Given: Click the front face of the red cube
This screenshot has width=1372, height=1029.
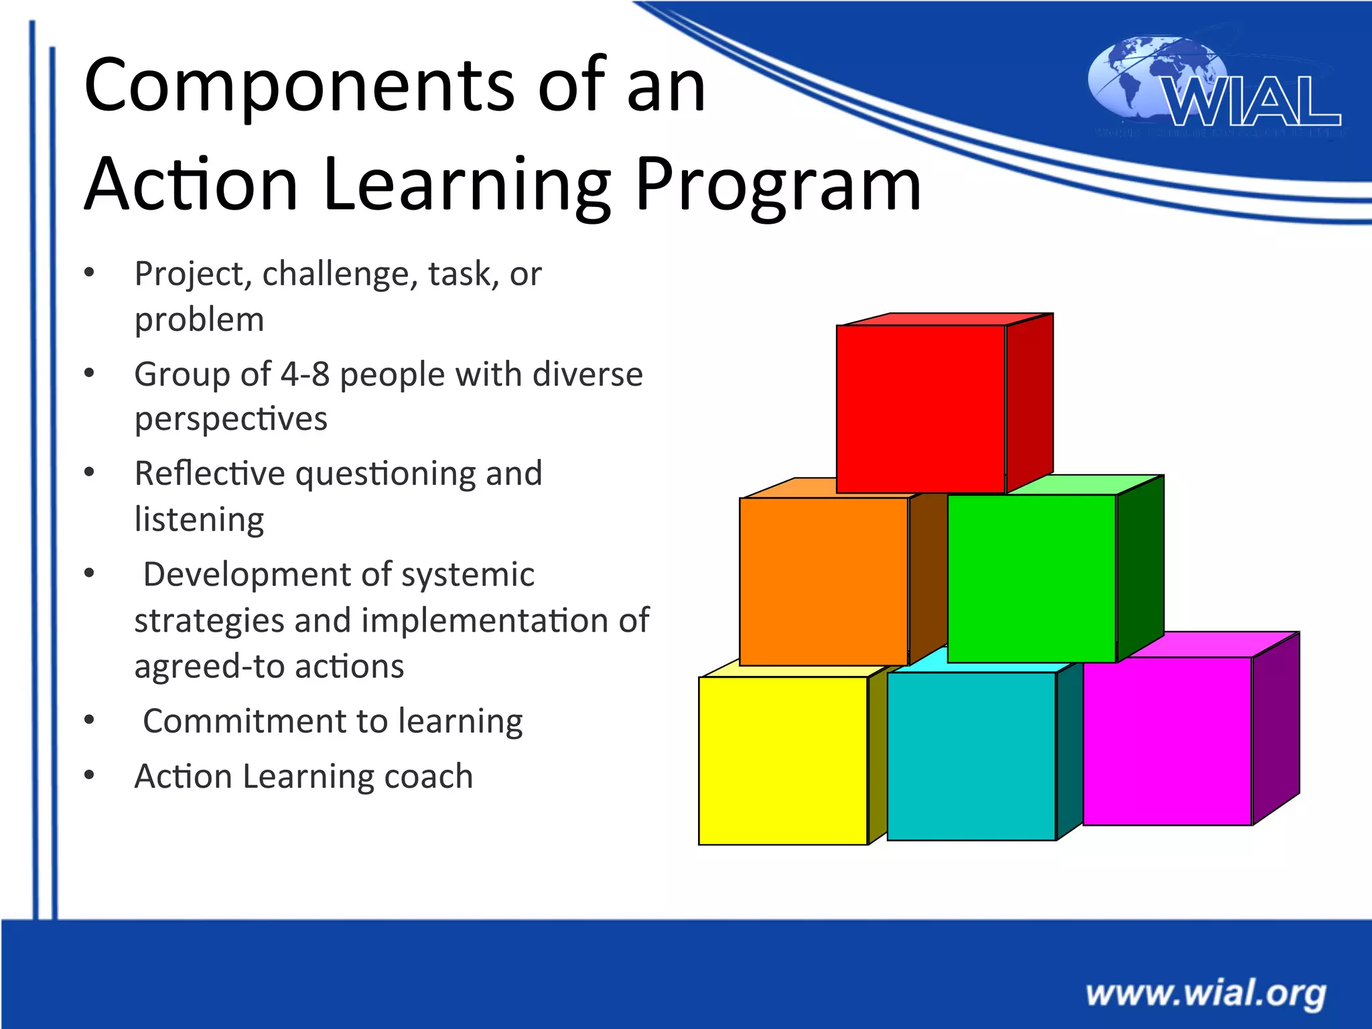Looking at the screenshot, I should pyautogui.click(x=920, y=409).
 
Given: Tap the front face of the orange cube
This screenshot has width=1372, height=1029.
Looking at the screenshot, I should pyautogui.click(x=823, y=581).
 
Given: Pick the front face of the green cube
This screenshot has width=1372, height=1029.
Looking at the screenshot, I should pyautogui.click(x=1032, y=578).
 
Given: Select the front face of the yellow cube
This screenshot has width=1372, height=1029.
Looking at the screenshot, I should pyautogui.click(x=782, y=760).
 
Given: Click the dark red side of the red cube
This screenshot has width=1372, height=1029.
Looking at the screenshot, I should pyautogui.click(x=1030, y=402).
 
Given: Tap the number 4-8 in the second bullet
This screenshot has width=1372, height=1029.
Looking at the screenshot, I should pyautogui.click(x=305, y=374).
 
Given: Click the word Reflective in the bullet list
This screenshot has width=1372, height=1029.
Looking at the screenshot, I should pyautogui.click(x=210, y=474).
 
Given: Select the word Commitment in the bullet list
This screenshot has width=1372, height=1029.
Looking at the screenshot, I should pyautogui.click(x=244, y=722).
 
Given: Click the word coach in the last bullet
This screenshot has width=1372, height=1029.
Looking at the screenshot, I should pyautogui.click(x=429, y=776).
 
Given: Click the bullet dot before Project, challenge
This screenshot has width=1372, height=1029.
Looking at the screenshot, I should pyautogui.click(x=89, y=273).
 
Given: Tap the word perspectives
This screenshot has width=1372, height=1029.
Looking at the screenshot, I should pyautogui.click(x=230, y=419).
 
